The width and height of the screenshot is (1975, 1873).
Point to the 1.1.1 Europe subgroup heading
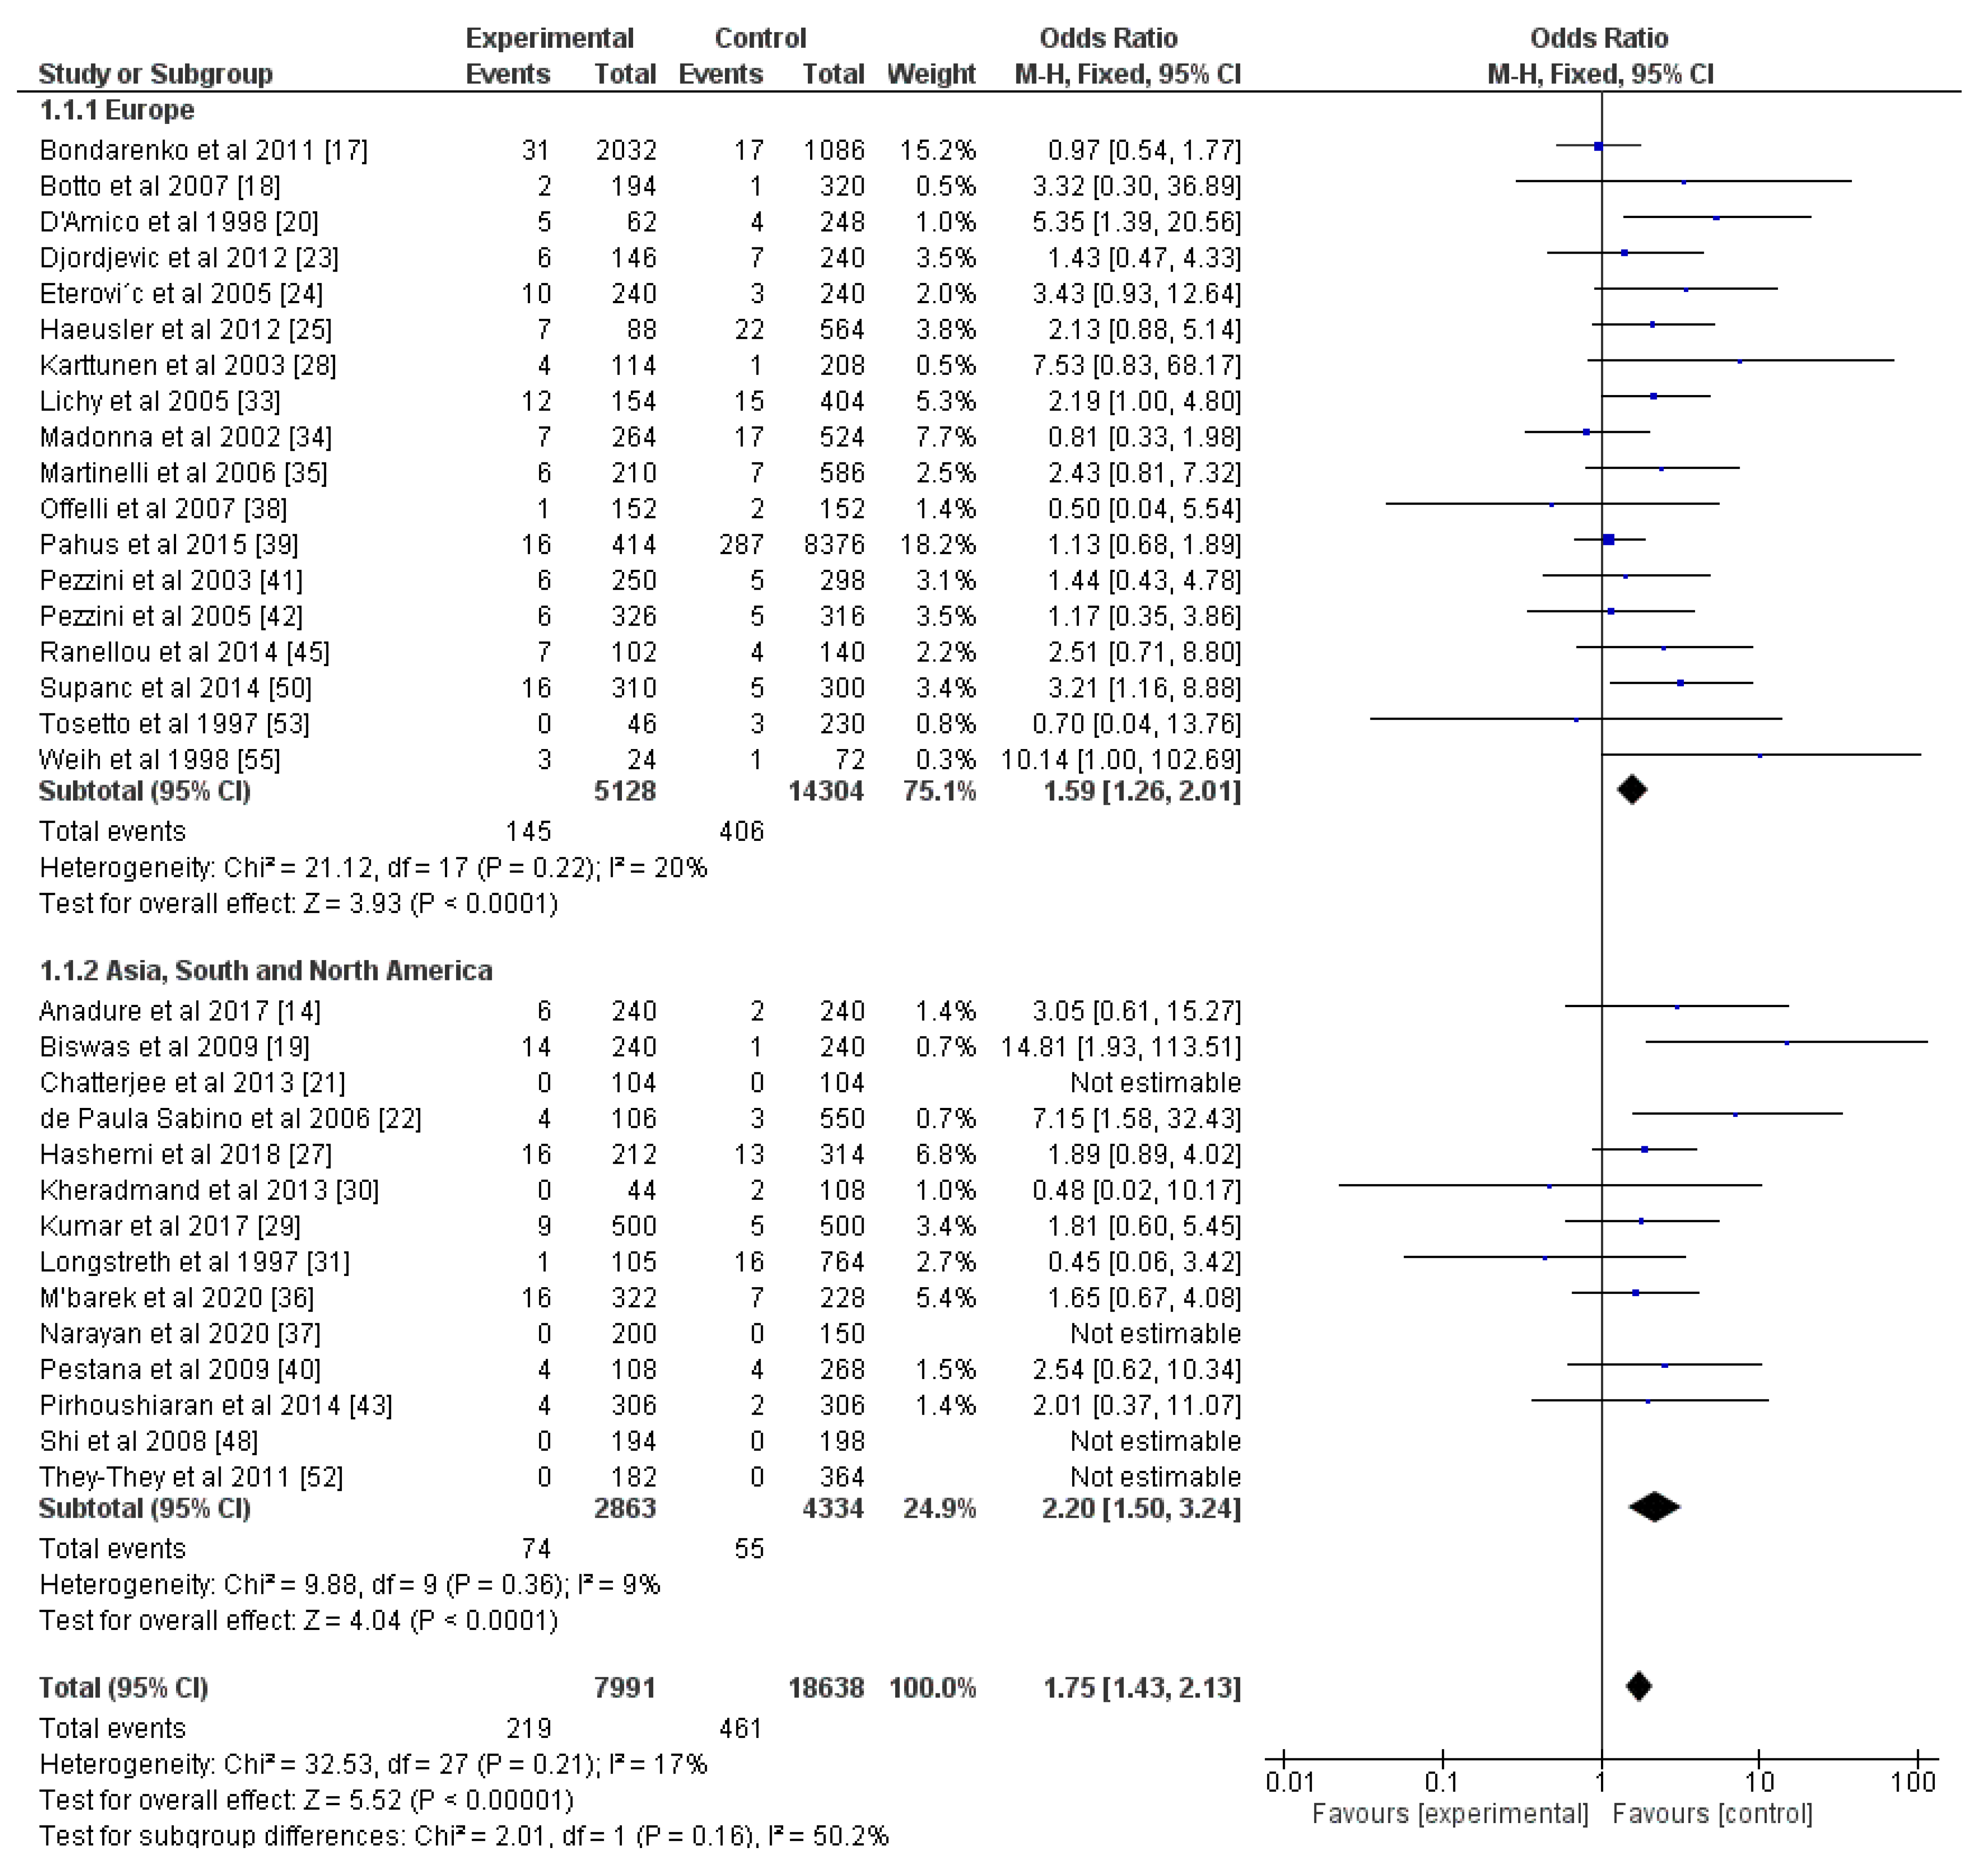tap(117, 110)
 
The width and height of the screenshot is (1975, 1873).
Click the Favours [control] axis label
tap(1712, 1814)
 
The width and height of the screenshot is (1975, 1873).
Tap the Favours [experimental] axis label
tap(1450, 1814)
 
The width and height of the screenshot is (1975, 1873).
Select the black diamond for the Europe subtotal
tap(1632, 791)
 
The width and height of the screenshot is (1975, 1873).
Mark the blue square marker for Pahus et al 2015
tap(1608, 540)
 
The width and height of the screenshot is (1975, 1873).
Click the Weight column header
tap(930, 74)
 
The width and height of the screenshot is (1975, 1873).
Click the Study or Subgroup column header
tap(155, 74)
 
